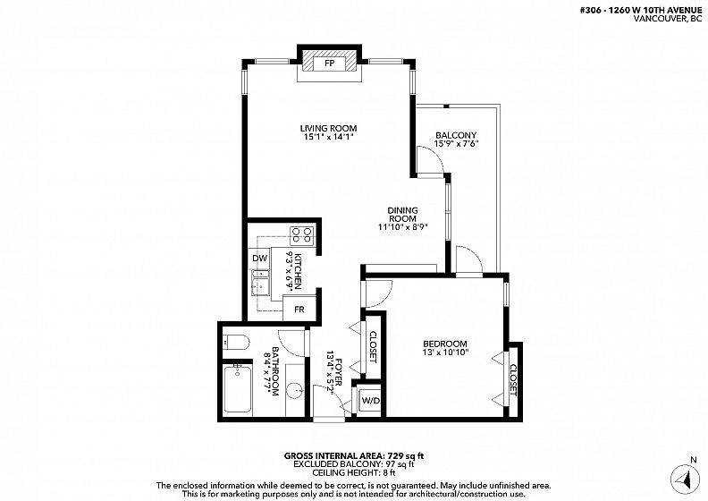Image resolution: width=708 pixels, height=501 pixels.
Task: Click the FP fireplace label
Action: tap(330, 64)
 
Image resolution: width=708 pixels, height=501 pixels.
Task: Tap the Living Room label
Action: tap(329, 128)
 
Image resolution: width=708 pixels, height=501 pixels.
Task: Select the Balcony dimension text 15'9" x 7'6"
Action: tap(456, 144)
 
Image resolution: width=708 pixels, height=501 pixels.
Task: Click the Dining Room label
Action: tap(403, 215)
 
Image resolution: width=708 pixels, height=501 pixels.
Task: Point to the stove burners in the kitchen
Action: tap(302, 234)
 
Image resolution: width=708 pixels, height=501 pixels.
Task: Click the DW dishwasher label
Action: tap(259, 259)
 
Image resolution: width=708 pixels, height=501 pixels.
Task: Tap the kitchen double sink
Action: tap(259, 283)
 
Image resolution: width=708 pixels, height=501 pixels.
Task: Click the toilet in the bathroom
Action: tap(236, 342)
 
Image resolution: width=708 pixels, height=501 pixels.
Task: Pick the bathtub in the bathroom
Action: tap(238, 388)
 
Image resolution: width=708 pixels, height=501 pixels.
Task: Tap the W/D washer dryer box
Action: tap(371, 400)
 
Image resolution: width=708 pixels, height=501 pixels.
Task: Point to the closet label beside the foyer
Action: tap(373, 347)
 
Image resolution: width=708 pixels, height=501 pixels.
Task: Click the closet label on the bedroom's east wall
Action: tap(513, 380)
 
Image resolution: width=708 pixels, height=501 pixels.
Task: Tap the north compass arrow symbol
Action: tap(686, 480)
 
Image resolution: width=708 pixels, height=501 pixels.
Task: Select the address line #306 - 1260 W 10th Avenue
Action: tap(641, 11)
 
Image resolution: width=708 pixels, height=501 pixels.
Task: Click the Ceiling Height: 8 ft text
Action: tap(354, 473)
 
